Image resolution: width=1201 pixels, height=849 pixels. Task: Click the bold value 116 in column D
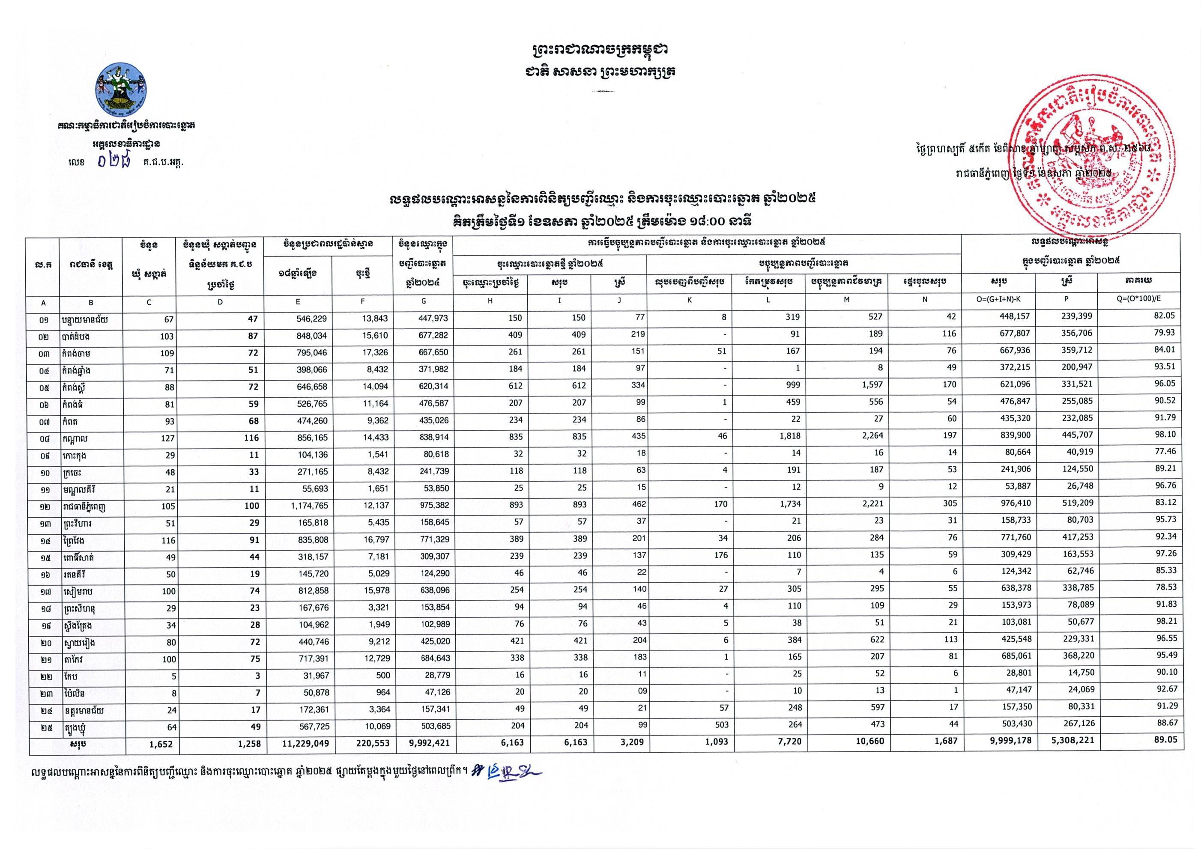point(251,438)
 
